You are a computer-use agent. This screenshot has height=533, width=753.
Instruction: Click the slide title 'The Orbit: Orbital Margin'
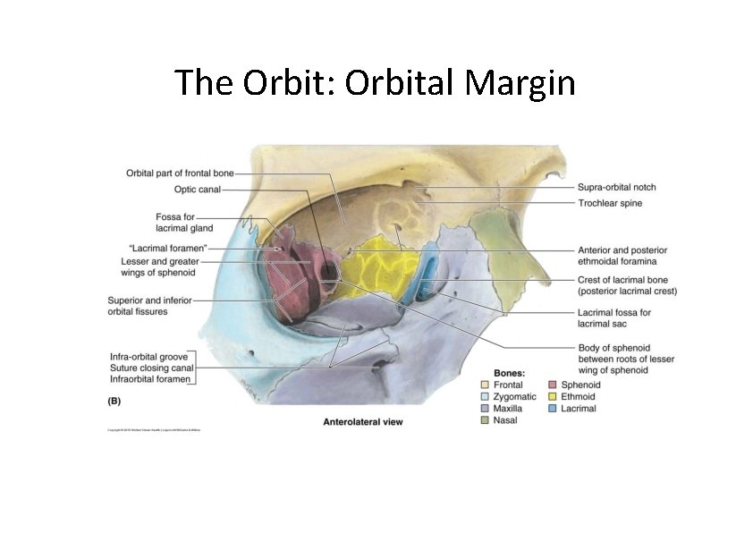click(x=375, y=82)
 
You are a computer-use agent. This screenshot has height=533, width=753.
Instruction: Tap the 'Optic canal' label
click(x=198, y=190)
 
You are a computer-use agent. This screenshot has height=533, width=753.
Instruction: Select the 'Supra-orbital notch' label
click(x=616, y=187)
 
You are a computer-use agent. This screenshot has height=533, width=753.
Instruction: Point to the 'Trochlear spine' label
click(x=610, y=203)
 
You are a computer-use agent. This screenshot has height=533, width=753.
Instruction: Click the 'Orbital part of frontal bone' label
click(x=180, y=173)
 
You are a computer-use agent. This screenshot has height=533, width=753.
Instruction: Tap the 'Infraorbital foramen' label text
click(x=150, y=380)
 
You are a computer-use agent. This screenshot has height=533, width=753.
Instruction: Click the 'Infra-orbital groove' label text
click(x=148, y=357)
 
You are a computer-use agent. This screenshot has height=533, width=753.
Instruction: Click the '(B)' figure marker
click(x=114, y=402)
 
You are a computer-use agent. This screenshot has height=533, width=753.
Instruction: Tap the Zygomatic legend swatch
click(x=486, y=397)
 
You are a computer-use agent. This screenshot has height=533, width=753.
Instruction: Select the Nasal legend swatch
click(x=486, y=420)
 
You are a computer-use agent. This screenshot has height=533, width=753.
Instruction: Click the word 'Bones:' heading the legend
click(x=509, y=371)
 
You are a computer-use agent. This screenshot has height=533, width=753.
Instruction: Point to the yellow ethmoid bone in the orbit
click(x=371, y=268)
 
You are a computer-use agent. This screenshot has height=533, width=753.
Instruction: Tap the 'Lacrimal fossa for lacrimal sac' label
click(x=613, y=317)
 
